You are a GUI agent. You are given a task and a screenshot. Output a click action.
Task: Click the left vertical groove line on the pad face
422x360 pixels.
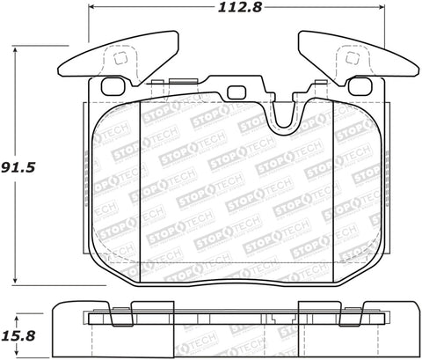[142, 194]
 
